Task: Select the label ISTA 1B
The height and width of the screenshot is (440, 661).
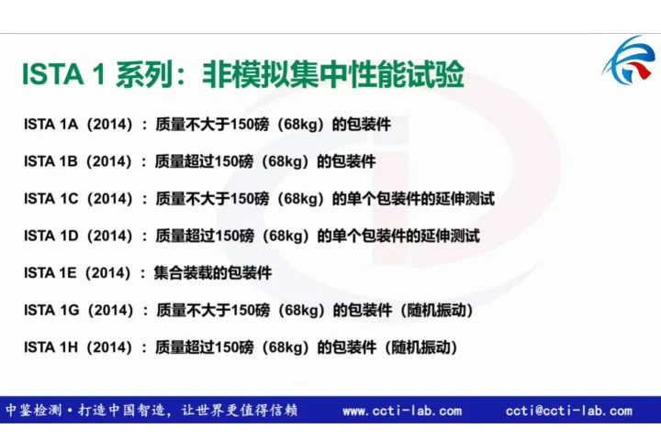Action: click(50, 161)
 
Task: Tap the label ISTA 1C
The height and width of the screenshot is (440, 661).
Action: click(50, 198)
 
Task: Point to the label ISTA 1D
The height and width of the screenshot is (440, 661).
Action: click(50, 236)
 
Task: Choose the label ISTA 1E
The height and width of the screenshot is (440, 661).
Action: click(50, 272)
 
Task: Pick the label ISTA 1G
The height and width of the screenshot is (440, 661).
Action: click(50, 311)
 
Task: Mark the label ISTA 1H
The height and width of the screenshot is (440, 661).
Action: click(50, 347)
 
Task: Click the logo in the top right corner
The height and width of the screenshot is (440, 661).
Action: click(630, 60)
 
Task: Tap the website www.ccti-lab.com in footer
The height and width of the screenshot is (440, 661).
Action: click(402, 412)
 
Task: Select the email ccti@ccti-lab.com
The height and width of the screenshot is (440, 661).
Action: click(568, 412)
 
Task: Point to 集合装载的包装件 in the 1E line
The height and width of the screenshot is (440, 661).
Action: click(213, 272)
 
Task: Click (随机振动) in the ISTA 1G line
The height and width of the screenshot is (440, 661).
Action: click(438, 311)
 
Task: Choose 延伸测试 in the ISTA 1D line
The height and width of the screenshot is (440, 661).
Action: click(451, 236)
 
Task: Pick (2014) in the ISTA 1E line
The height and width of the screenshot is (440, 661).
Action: click(108, 272)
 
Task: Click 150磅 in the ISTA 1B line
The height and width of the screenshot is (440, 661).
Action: click(234, 161)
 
